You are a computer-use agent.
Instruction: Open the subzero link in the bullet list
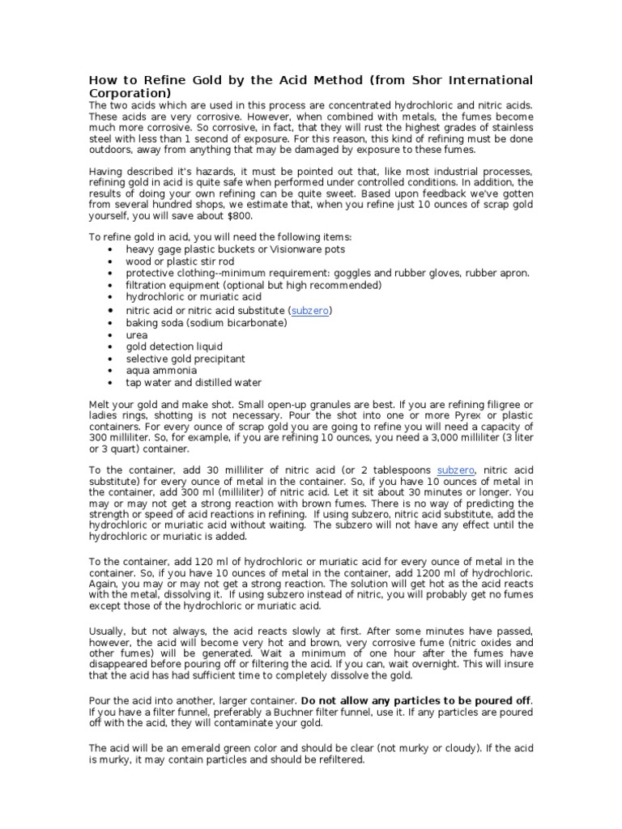(310, 311)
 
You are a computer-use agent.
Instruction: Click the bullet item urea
(137, 334)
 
